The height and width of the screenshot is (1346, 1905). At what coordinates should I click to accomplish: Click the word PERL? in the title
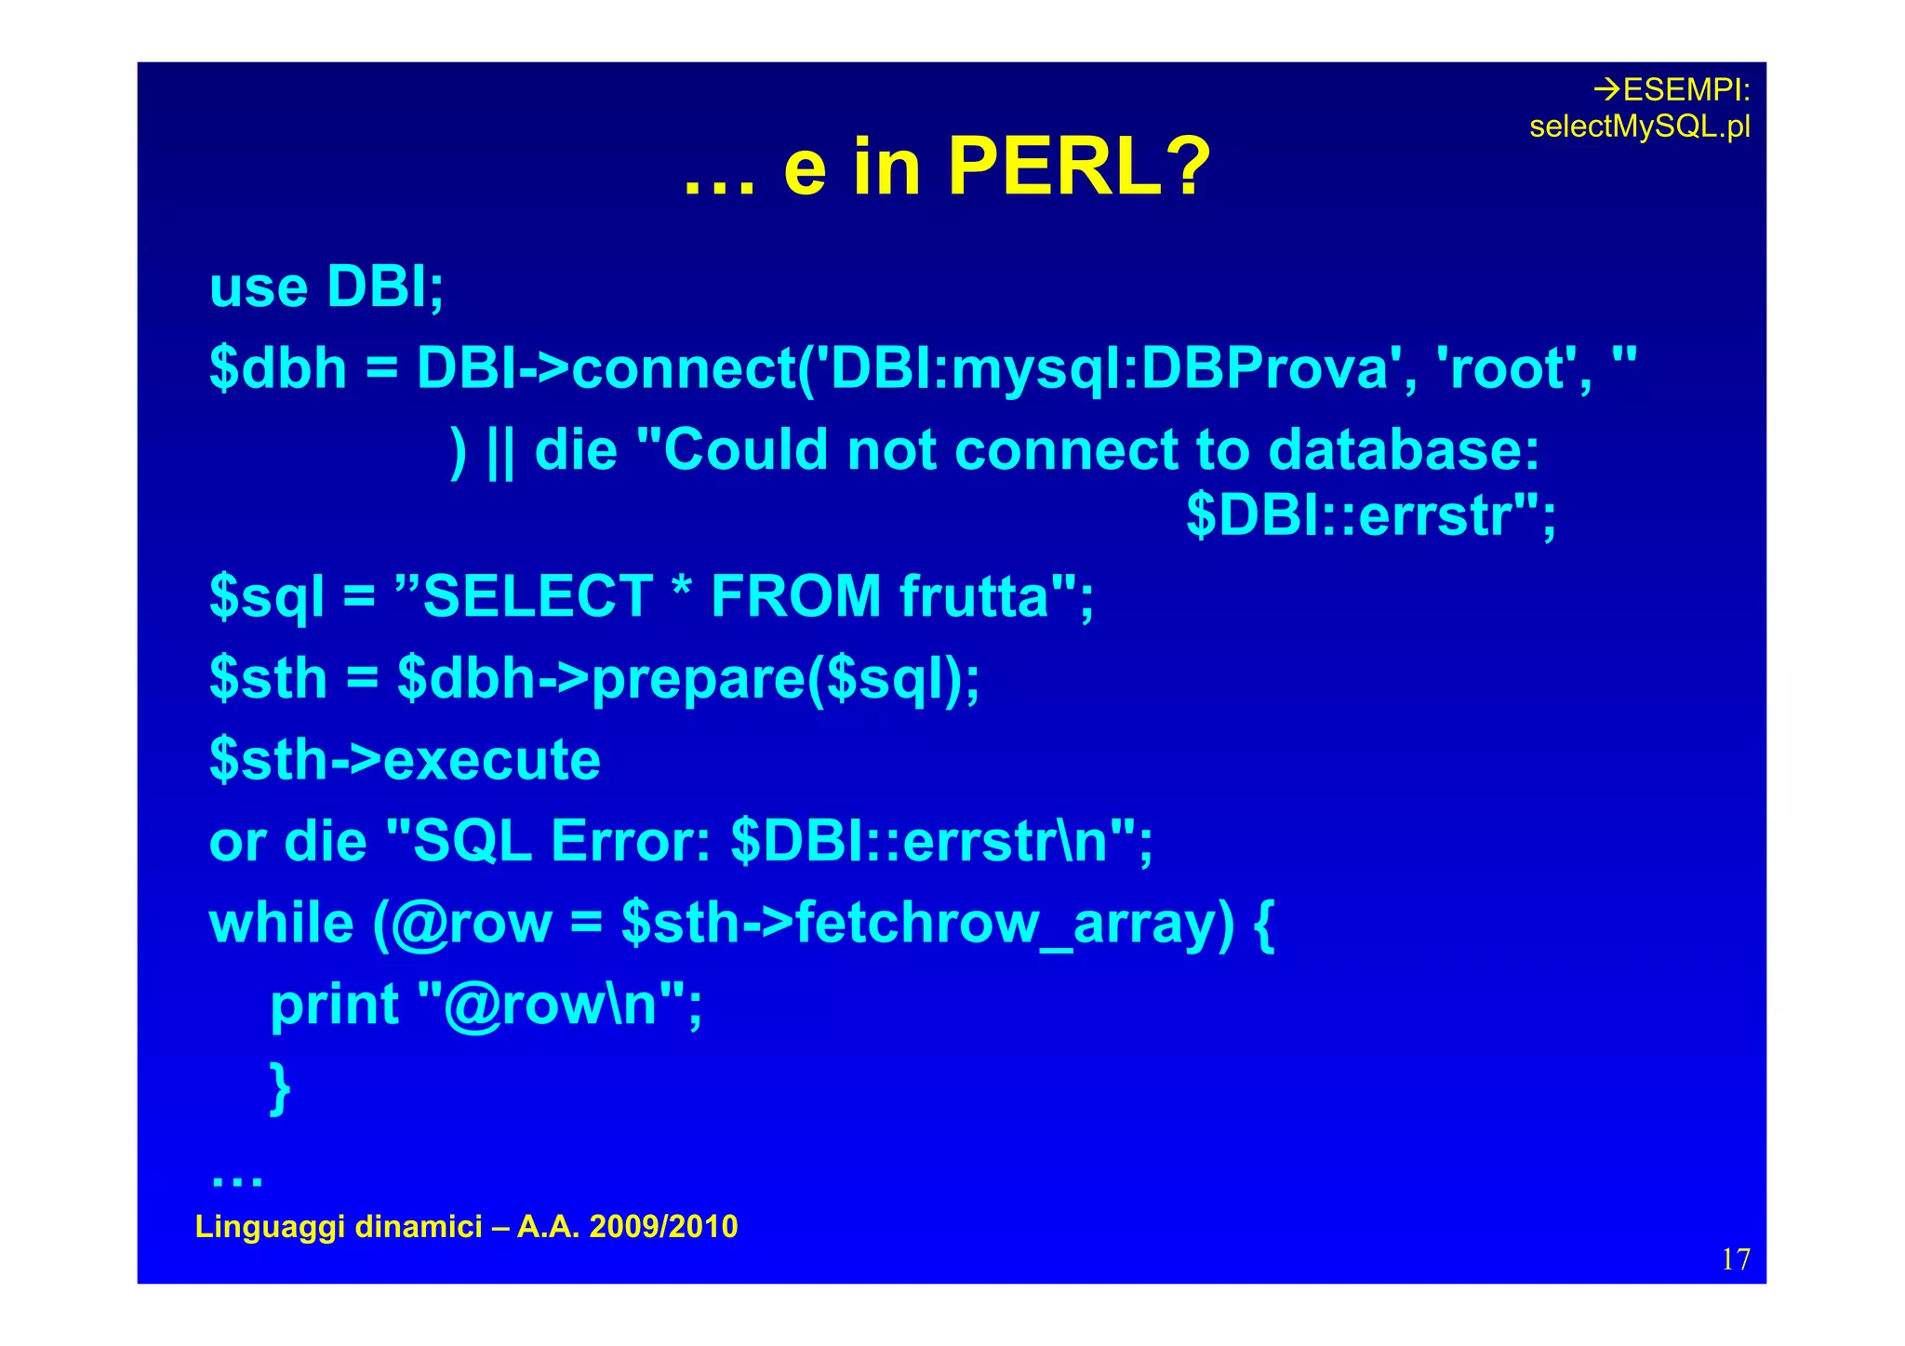[1079, 167]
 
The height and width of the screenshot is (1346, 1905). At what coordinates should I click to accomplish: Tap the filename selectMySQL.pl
[1639, 127]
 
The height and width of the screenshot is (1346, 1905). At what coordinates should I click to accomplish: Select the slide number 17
[1736, 1259]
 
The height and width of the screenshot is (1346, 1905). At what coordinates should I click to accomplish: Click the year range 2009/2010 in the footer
[663, 1227]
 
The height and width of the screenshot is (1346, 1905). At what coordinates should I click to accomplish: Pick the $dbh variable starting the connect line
[278, 368]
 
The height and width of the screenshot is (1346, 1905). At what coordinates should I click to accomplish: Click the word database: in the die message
[1404, 450]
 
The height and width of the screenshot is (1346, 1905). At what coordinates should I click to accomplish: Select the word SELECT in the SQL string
[538, 596]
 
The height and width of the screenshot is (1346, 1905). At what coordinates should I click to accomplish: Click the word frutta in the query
[975, 596]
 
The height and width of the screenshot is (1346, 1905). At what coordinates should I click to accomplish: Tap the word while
[281, 924]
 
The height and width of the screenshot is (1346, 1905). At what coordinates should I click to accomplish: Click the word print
[334, 1006]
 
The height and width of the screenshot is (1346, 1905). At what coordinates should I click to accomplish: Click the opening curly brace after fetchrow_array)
[1263, 926]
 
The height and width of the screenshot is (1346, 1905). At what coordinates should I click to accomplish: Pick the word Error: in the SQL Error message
[631, 842]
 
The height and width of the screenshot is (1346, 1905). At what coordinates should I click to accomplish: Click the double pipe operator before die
[500, 452]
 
